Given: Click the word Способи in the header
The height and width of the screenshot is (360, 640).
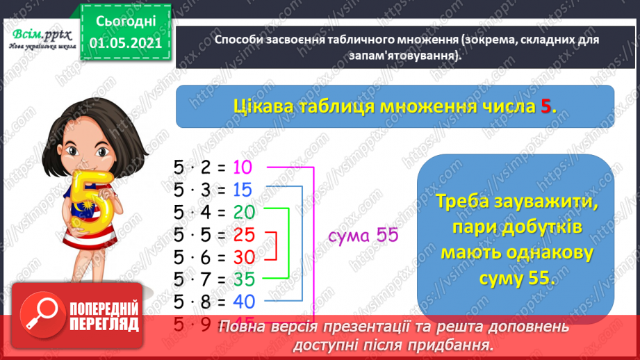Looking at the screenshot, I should tap(238, 40).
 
